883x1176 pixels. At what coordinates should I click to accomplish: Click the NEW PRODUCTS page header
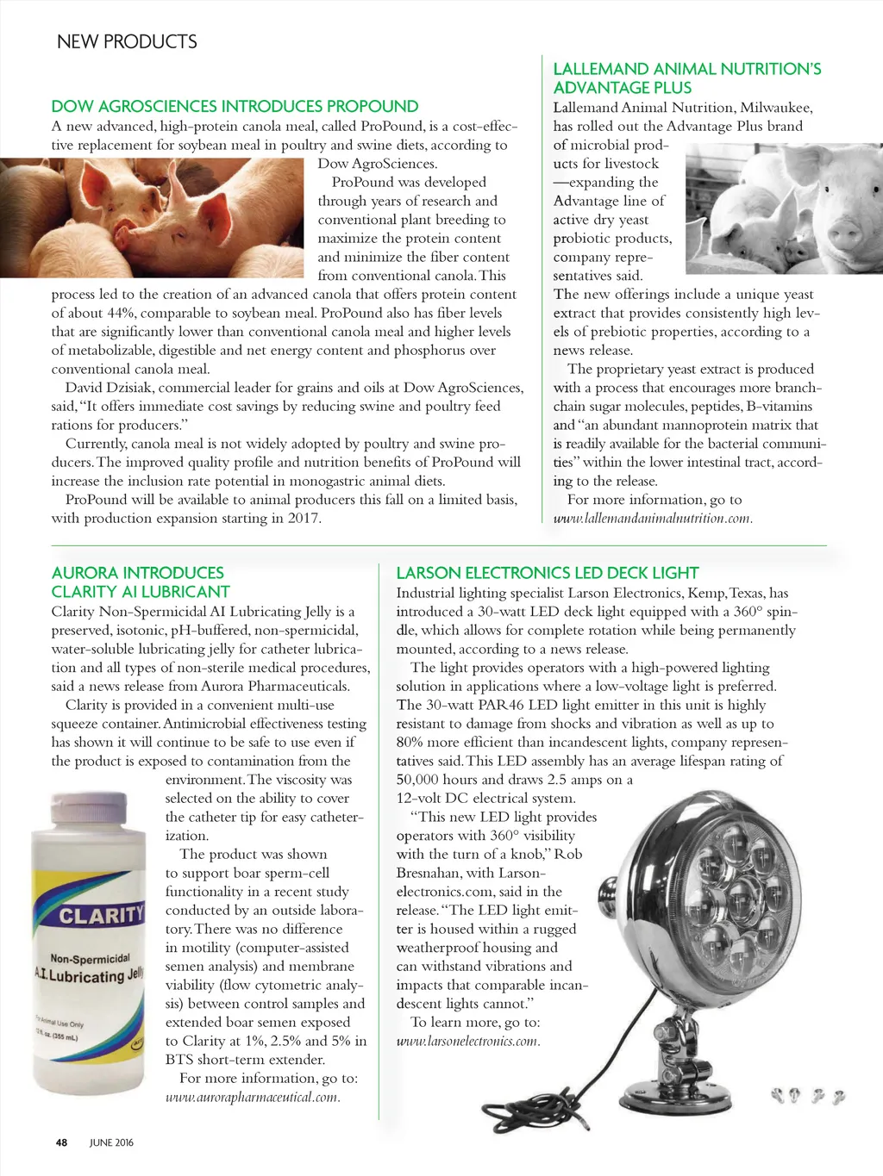pos(127,41)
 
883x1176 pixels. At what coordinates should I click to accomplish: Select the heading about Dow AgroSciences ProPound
pos(235,106)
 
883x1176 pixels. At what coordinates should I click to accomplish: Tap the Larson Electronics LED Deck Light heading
pos(547,573)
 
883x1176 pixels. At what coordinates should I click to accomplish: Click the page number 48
pos(61,1142)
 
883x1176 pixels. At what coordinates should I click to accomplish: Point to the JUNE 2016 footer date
pos(112,1142)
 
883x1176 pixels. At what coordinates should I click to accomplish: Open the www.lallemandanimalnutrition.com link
pos(653,518)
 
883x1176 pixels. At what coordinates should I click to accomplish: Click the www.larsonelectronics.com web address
pos(468,1041)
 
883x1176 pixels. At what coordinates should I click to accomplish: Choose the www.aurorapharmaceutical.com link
pos(253,1097)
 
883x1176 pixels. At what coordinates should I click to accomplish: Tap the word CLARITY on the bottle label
pos(101,914)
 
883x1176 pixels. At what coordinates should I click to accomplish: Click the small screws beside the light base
pos(807,1096)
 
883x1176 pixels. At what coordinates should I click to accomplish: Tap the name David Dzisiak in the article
pos(108,388)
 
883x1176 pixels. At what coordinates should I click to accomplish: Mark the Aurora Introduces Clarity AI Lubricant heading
pos(141,582)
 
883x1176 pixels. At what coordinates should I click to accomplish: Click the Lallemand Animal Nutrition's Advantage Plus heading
pos(686,78)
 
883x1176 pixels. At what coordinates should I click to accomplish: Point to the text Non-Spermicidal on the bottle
pos(91,957)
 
